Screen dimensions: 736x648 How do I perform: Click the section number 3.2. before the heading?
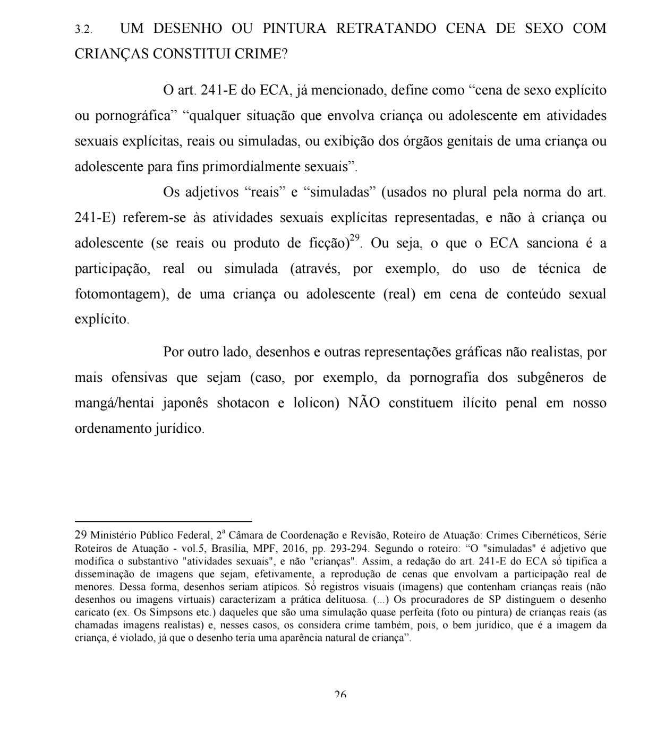(83, 30)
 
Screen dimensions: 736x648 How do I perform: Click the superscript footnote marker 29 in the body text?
(355, 238)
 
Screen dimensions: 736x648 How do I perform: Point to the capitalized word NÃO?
(364, 403)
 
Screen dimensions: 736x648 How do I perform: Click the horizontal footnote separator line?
(163, 522)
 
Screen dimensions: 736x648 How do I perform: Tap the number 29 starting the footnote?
(81, 535)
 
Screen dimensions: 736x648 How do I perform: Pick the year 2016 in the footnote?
(309, 548)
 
